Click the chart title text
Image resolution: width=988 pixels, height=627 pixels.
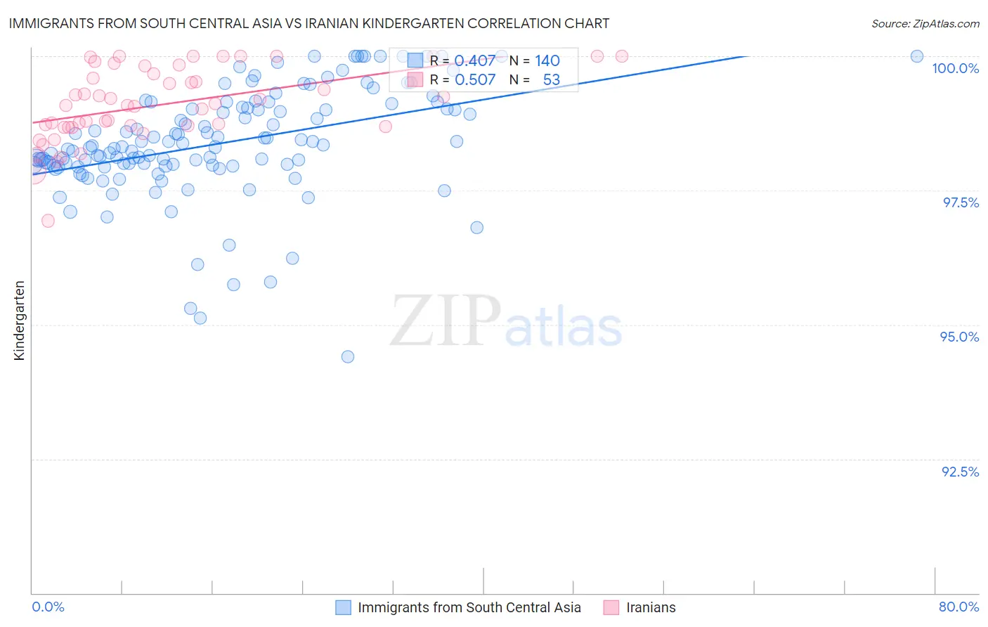(309, 23)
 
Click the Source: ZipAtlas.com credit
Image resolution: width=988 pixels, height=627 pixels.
(925, 23)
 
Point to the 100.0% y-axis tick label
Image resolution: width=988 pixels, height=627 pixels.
(955, 68)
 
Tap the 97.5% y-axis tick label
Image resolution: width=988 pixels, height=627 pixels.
(961, 202)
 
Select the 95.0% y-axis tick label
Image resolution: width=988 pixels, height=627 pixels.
(959, 337)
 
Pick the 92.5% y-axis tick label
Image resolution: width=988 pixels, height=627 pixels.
(960, 472)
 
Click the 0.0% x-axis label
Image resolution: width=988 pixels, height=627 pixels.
(48, 607)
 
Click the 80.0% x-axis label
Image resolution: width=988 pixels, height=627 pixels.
(958, 607)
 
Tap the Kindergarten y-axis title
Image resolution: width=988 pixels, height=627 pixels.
(19, 321)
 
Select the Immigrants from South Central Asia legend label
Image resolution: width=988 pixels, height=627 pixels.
(469, 607)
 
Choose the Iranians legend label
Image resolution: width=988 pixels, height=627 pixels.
(651, 607)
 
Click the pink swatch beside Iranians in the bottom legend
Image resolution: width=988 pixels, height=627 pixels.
(611, 607)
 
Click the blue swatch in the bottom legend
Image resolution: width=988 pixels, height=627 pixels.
(343, 607)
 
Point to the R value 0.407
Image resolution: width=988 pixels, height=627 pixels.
(474, 61)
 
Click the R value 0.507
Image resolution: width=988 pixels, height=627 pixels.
(474, 80)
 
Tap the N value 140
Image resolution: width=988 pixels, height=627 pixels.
(547, 61)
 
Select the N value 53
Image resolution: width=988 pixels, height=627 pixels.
(551, 80)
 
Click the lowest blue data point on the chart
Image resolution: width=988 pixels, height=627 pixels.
(347, 356)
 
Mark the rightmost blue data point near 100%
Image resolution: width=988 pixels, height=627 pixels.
(916, 56)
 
